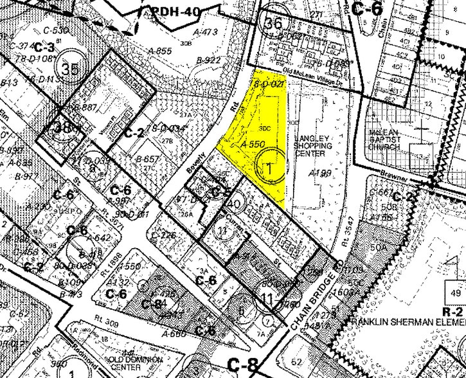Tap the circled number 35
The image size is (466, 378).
(69, 67)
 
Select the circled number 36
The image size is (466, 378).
(273, 22)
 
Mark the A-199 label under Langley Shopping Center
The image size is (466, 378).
(319, 174)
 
